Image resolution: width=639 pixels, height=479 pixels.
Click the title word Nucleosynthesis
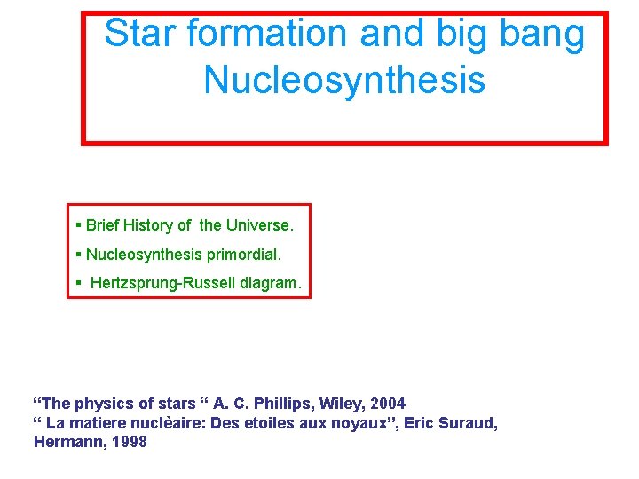(x=344, y=80)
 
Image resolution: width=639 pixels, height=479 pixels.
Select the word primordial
(x=243, y=255)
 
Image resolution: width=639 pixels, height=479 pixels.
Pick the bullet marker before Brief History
(x=79, y=225)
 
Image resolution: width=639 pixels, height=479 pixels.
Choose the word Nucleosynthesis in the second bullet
(x=145, y=255)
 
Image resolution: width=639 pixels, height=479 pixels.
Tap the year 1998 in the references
(x=129, y=442)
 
